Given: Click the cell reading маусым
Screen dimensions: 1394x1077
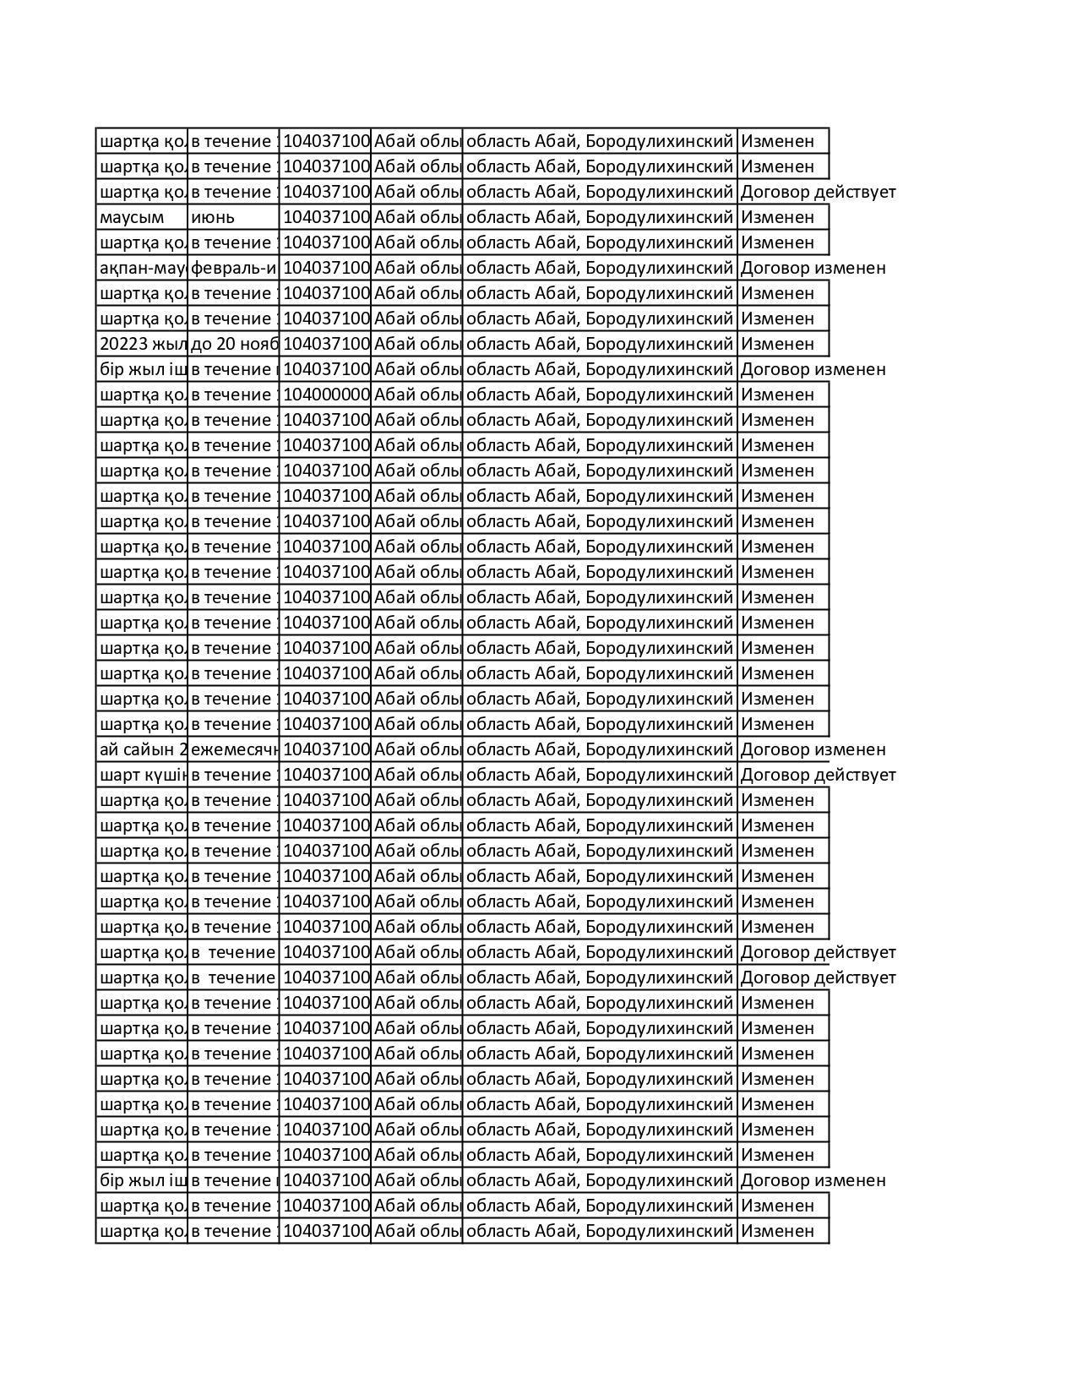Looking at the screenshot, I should pyautogui.click(x=133, y=217).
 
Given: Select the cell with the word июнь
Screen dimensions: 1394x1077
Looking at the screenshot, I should pyautogui.click(x=213, y=217).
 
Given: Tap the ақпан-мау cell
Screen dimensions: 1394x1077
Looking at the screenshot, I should pyautogui.click(x=142, y=268).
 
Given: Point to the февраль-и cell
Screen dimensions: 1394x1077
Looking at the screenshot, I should pyautogui.click(x=233, y=268).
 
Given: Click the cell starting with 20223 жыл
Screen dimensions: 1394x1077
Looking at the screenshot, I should pyautogui.click(x=142, y=344).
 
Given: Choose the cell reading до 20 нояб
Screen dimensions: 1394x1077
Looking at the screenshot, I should pyautogui.click(x=233, y=344).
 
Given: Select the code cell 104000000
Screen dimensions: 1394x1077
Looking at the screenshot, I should pyautogui.click(x=325, y=395).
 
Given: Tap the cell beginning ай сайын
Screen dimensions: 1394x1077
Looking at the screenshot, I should pyautogui.click(x=142, y=749).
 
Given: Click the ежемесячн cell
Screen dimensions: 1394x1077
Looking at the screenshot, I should pyautogui.click(x=233, y=749).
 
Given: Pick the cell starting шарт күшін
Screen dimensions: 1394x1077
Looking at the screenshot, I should pyautogui.click(x=142, y=775).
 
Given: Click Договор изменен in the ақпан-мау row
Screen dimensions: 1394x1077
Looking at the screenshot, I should pyautogui.click(x=813, y=268).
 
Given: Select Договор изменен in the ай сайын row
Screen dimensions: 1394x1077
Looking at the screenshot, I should pyautogui.click(x=813, y=749).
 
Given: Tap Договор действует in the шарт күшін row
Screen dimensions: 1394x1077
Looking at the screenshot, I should pyautogui.click(x=818, y=775).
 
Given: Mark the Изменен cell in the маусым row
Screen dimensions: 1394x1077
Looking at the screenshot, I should pyautogui.click(x=777, y=217).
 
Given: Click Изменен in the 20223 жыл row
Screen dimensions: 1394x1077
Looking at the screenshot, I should pyautogui.click(x=777, y=344).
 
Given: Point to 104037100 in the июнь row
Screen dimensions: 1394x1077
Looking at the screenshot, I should pyautogui.click(x=325, y=217).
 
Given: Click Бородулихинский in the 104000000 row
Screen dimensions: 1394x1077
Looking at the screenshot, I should pyautogui.click(x=659, y=395).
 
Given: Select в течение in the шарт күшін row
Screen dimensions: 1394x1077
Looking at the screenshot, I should pyautogui.click(x=233, y=775).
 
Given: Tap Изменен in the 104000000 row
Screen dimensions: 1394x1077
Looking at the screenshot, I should pyautogui.click(x=777, y=395).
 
